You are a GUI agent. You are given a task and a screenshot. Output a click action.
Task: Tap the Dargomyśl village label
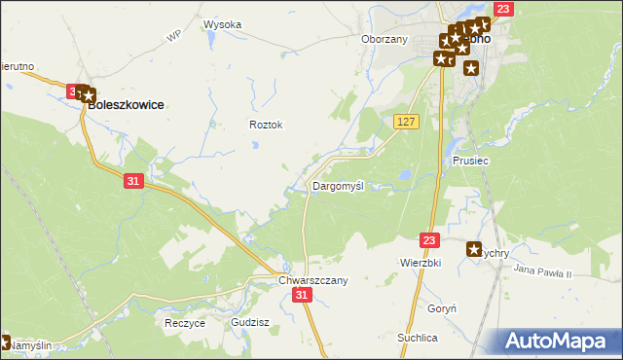pyautogui.click(x=338, y=185)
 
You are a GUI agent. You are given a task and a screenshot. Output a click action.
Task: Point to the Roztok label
pyautogui.click(x=266, y=125)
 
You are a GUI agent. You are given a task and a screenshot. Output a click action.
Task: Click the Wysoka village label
pyautogui.click(x=222, y=24)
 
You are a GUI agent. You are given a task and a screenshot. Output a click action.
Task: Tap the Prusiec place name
pyautogui.click(x=470, y=161)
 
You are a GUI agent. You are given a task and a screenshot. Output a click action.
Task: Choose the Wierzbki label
pyautogui.click(x=421, y=263)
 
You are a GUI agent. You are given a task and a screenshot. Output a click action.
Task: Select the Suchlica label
pyautogui.click(x=417, y=337)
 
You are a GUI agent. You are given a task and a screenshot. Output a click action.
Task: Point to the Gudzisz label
pyautogui.click(x=250, y=322)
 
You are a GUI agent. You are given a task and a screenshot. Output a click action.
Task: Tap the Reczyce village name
pyautogui.click(x=185, y=322)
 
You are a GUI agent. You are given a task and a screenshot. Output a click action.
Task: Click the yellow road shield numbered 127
pyautogui.click(x=407, y=121)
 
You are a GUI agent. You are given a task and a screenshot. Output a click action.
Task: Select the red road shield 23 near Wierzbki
pyautogui.click(x=430, y=238)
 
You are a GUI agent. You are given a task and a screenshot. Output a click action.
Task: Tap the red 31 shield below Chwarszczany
pyautogui.click(x=303, y=295)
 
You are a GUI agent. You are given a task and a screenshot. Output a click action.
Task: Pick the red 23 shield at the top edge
pyautogui.click(x=502, y=9)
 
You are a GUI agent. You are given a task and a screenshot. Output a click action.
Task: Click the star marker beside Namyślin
pyautogui.click(x=4, y=342)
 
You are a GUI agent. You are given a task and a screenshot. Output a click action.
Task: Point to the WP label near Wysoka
pyautogui.click(x=174, y=36)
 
